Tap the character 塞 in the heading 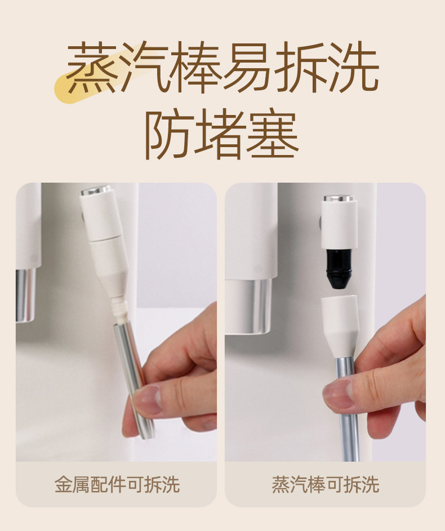pos(273,135)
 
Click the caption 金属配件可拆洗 pos(117,484)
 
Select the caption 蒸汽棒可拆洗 pos(325,484)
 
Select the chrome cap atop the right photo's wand pos(339,198)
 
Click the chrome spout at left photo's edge pos(26,295)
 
